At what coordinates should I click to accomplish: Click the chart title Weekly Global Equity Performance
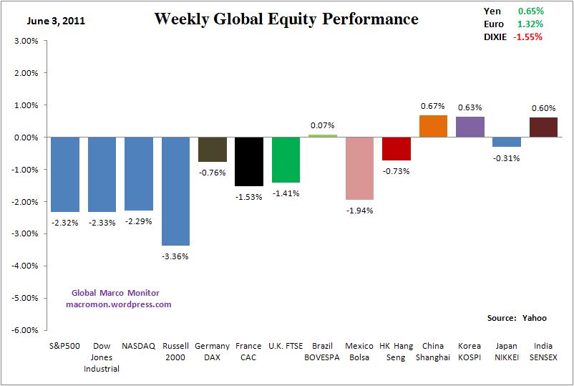[286, 19]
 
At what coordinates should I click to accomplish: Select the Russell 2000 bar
[175, 190]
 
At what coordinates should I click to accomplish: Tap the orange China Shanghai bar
[433, 126]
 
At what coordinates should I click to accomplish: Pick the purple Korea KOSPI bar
[470, 127]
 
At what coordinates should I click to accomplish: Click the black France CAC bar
[249, 161]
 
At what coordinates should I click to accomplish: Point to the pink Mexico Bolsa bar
[359, 168]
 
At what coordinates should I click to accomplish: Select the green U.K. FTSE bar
[286, 159]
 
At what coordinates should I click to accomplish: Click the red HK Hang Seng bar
[396, 148]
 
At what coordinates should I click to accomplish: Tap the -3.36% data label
[175, 256]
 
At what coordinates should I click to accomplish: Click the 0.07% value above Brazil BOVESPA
[322, 125]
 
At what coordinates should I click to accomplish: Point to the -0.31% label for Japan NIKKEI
[507, 158]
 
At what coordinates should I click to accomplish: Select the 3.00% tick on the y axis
[26, 41]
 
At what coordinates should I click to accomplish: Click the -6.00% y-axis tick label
[25, 330]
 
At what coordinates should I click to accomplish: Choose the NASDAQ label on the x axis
[139, 346]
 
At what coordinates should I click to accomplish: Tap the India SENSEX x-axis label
[543, 351]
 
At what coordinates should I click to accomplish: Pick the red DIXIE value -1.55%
[527, 37]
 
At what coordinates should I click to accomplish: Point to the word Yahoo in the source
[534, 317]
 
